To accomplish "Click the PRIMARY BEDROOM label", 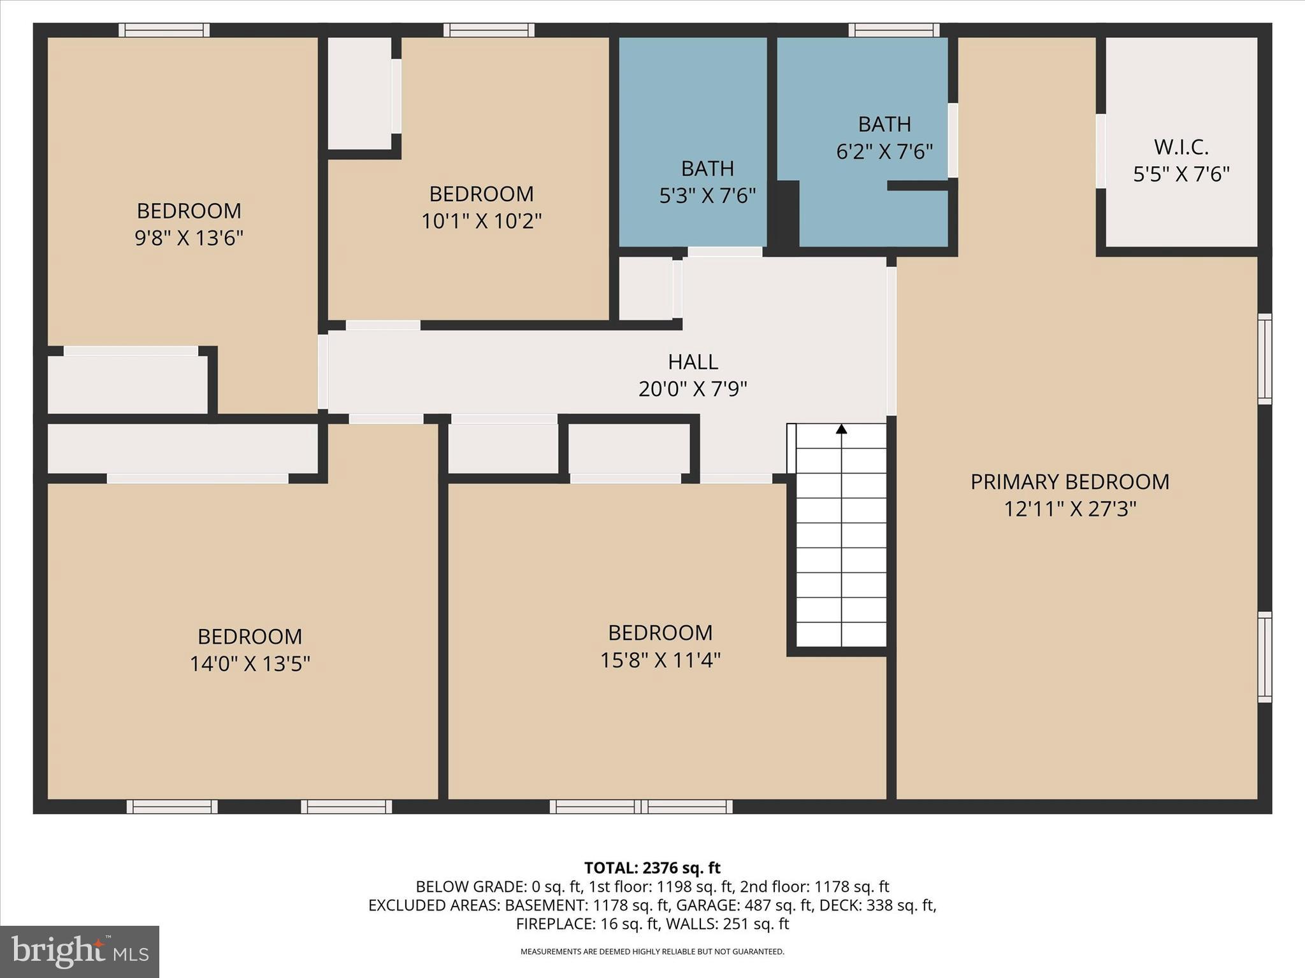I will (1070, 482).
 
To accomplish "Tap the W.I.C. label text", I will (1181, 147).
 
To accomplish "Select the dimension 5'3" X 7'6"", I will (707, 195).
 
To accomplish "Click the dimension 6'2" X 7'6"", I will (884, 152).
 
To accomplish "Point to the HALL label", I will (693, 362).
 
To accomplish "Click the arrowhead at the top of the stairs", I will (841, 429).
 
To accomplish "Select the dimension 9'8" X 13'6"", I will (189, 238).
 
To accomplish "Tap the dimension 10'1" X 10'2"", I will (481, 221).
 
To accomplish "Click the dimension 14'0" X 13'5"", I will (250, 663).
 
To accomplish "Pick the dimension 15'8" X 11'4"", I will (660, 660).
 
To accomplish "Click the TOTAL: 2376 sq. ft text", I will (652, 868).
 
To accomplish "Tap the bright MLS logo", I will (79, 951).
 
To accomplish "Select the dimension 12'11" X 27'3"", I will (1070, 509).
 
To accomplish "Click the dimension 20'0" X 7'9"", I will (693, 388).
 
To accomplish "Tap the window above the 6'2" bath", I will (893, 30).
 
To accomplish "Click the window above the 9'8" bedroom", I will (164, 30).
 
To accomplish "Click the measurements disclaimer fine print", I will (652, 952).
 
